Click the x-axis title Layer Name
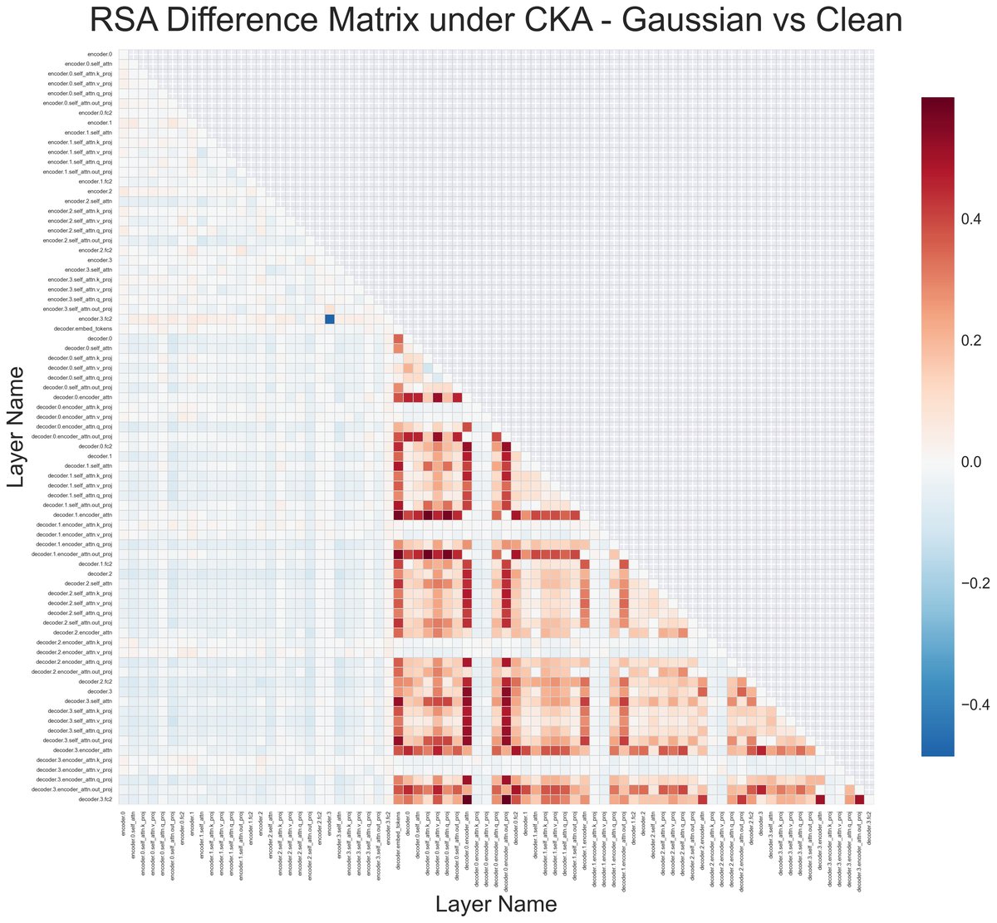(496, 904)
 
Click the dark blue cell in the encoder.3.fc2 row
(329, 319)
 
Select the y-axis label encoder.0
(101, 54)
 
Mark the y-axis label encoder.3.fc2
(96, 319)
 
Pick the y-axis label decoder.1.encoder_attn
(83, 515)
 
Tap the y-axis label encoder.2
(101, 191)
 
